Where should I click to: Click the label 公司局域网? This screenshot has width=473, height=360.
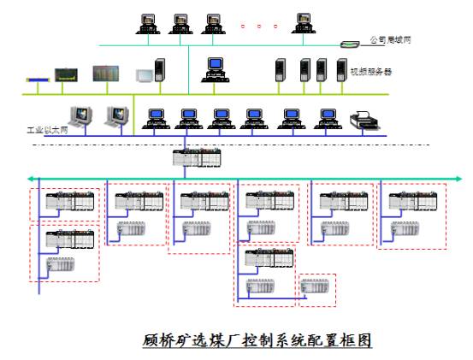tap(390, 39)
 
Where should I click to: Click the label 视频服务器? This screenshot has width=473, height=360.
tap(371, 72)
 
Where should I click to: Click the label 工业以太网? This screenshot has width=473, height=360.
tap(47, 130)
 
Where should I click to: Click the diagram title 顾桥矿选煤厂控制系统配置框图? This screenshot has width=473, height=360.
tap(257, 340)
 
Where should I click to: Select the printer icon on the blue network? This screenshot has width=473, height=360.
tap(364, 120)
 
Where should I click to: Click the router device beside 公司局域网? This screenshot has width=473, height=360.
tap(350, 44)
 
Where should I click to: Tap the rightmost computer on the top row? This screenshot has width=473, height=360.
tap(304, 23)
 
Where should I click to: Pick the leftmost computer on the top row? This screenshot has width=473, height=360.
tap(148, 24)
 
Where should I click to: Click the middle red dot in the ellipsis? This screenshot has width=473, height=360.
tap(259, 27)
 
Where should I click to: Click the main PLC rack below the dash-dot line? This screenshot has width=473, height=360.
tap(197, 157)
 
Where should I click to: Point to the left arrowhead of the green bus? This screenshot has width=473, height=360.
tap(30, 179)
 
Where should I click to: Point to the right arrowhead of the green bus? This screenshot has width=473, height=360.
tap(458, 179)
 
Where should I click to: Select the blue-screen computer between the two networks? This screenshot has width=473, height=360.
tap(215, 69)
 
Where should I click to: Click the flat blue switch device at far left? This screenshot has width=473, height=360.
tap(38, 80)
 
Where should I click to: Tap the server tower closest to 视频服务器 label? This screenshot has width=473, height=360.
tap(341, 70)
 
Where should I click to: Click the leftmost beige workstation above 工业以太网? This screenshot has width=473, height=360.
tap(80, 116)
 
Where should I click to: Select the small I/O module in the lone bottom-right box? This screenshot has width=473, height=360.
tap(315, 286)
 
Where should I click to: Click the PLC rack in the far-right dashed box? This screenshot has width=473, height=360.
tap(413, 201)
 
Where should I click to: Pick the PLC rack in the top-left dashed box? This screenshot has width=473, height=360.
tap(70, 200)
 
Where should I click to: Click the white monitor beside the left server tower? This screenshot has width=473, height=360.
tap(145, 75)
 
